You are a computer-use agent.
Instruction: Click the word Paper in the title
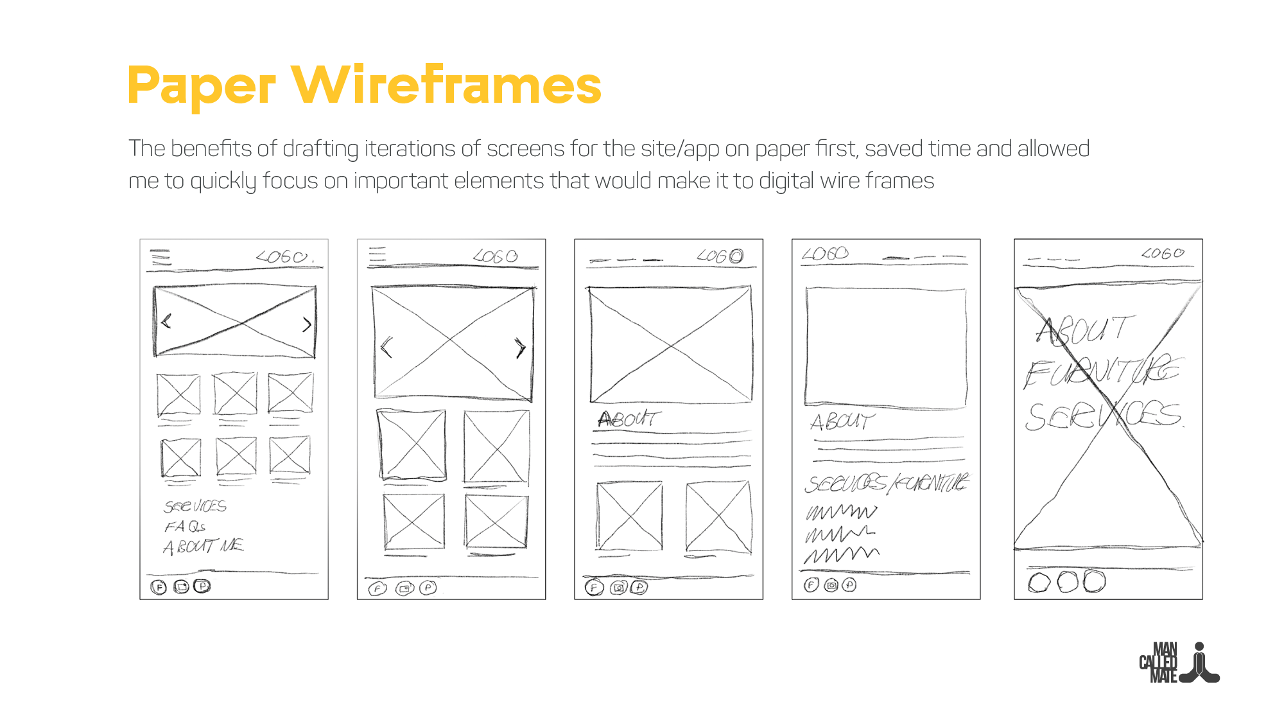pyautogui.click(x=201, y=85)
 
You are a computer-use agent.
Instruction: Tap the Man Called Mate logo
pyautogui.click(x=1179, y=663)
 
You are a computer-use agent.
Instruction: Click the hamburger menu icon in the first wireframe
pyautogui.click(x=160, y=257)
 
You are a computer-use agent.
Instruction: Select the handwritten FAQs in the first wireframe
pyautogui.click(x=185, y=527)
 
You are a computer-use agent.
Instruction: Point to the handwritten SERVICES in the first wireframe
pyautogui.click(x=195, y=506)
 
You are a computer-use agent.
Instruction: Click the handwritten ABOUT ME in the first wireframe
pyautogui.click(x=204, y=546)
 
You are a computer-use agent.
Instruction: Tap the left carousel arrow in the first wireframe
pyautogui.click(x=167, y=321)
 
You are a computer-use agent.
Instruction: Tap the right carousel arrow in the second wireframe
pyautogui.click(x=520, y=348)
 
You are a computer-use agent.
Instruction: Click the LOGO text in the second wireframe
pyautogui.click(x=495, y=256)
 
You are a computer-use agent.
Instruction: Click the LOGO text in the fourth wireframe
pyautogui.click(x=826, y=254)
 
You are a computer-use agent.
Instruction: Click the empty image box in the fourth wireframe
pyautogui.click(x=886, y=347)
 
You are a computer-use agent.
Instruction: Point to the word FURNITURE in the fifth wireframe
pyautogui.click(x=1102, y=372)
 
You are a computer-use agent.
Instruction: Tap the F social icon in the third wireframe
pyautogui.click(x=594, y=587)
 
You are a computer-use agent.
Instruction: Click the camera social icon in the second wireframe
pyautogui.click(x=404, y=588)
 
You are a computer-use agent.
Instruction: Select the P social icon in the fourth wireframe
pyautogui.click(x=849, y=585)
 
